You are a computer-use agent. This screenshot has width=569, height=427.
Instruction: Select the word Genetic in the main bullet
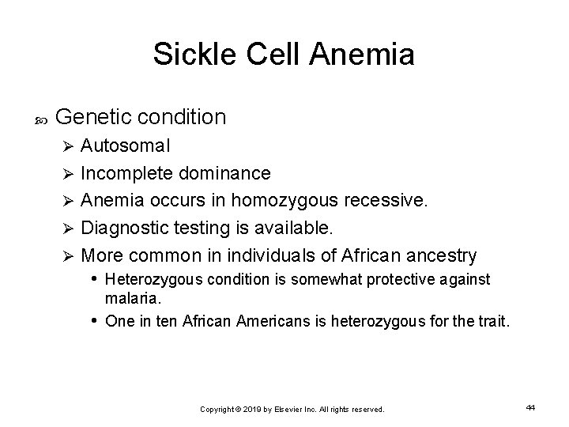(96, 117)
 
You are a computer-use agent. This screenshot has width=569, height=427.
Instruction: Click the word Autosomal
(125, 146)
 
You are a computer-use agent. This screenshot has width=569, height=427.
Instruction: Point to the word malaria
(133, 300)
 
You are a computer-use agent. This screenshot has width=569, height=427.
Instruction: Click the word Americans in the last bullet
(269, 321)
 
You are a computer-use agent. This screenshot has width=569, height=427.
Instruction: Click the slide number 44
(530, 407)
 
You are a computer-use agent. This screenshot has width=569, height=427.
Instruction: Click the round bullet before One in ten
(95, 321)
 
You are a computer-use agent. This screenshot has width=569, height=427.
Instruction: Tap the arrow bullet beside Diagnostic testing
(69, 229)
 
